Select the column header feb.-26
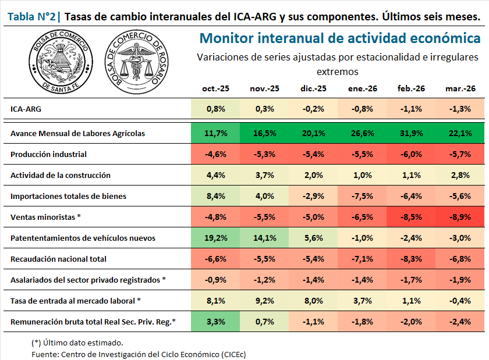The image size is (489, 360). [x=411, y=88]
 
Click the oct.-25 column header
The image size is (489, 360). [x=216, y=88]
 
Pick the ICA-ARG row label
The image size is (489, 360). [x=26, y=109]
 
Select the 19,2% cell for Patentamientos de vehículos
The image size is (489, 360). [x=216, y=238]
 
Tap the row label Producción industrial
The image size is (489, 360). [x=48, y=154]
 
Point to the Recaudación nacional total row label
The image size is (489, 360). [x=58, y=259]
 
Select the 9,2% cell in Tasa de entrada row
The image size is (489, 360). [x=265, y=301]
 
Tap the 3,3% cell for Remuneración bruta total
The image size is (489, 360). [x=216, y=322]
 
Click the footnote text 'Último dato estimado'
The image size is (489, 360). [x=77, y=343]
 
